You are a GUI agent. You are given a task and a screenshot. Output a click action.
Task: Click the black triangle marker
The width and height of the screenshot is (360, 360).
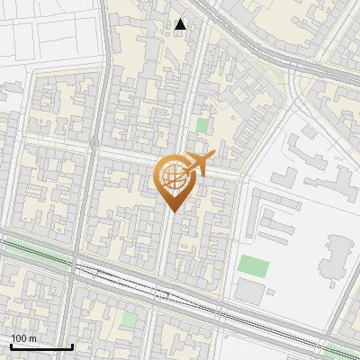pyautogui.click(x=182, y=24)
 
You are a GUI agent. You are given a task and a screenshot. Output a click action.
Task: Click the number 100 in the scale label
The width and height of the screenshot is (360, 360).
pyautogui.click(x=20, y=338)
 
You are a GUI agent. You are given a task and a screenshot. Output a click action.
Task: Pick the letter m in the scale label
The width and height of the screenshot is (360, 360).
pyautogui.click(x=33, y=338)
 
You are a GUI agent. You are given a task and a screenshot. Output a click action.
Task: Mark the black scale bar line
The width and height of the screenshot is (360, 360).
pyautogui.click(x=41, y=347)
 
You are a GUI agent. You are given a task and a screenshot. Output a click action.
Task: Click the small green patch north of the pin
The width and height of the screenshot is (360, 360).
pyautogui.click(x=202, y=126)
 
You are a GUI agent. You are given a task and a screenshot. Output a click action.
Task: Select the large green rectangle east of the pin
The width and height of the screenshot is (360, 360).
pyautogui.click(x=253, y=266)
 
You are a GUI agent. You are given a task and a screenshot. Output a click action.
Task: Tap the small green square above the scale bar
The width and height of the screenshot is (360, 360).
pyautogui.click(x=130, y=319)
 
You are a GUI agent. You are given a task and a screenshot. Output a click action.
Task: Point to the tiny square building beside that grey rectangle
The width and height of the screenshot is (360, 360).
pyautogui.click(x=271, y=292)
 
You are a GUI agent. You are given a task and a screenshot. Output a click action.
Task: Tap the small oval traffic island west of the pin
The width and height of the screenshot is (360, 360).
pyautogui.click(x=94, y=142)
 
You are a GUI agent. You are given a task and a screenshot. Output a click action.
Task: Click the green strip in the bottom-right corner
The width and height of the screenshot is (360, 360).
pyautogui.click(x=342, y=352)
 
